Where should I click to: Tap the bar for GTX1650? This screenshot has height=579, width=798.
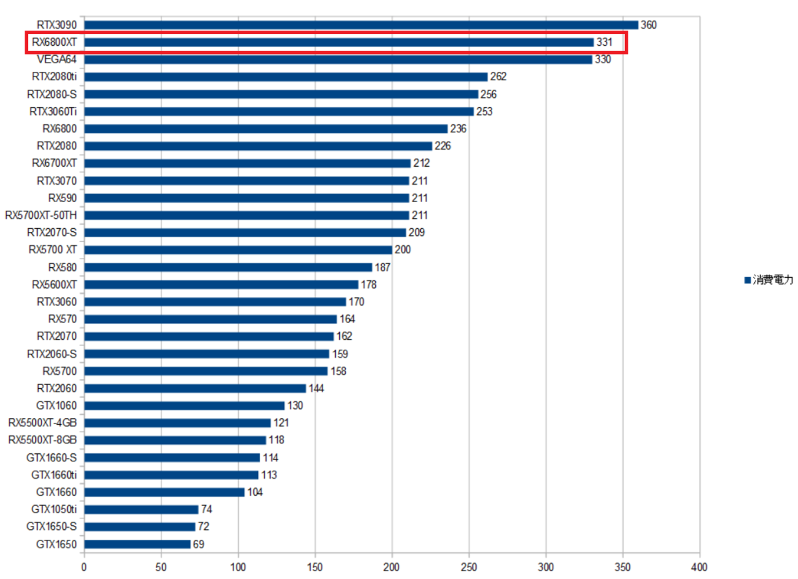pyautogui.click(x=137, y=544)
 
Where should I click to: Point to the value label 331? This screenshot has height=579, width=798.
pyautogui.click(x=604, y=43)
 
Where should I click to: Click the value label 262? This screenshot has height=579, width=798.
pyautogui.click(x=498, y=77)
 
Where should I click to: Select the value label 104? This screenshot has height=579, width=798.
pyautogui.click(x=255, y=493)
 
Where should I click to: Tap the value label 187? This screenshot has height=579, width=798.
pyautogui.click(x=382, y=268)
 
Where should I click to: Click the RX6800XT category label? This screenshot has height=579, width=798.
pyautogui.click(x=54, y=43)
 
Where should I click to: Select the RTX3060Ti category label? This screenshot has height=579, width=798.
pyautogui.click(x=53, y=112)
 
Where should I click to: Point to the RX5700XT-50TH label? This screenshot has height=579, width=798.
pyautogui.click(x=41, y=215)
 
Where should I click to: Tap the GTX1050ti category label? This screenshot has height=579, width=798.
pyautogui.click(x=54, y=510)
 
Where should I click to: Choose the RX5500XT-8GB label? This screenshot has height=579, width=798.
pyautogui.click(x=43, y=440)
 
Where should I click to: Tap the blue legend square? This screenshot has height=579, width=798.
pyautogui.click(x=747, y=281)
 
